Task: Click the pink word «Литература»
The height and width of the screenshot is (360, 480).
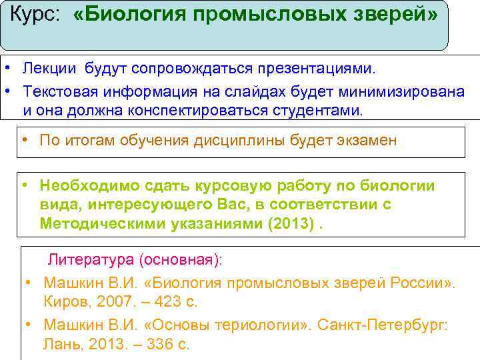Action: click(89, 259)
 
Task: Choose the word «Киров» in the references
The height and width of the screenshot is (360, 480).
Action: click(64, 301)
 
